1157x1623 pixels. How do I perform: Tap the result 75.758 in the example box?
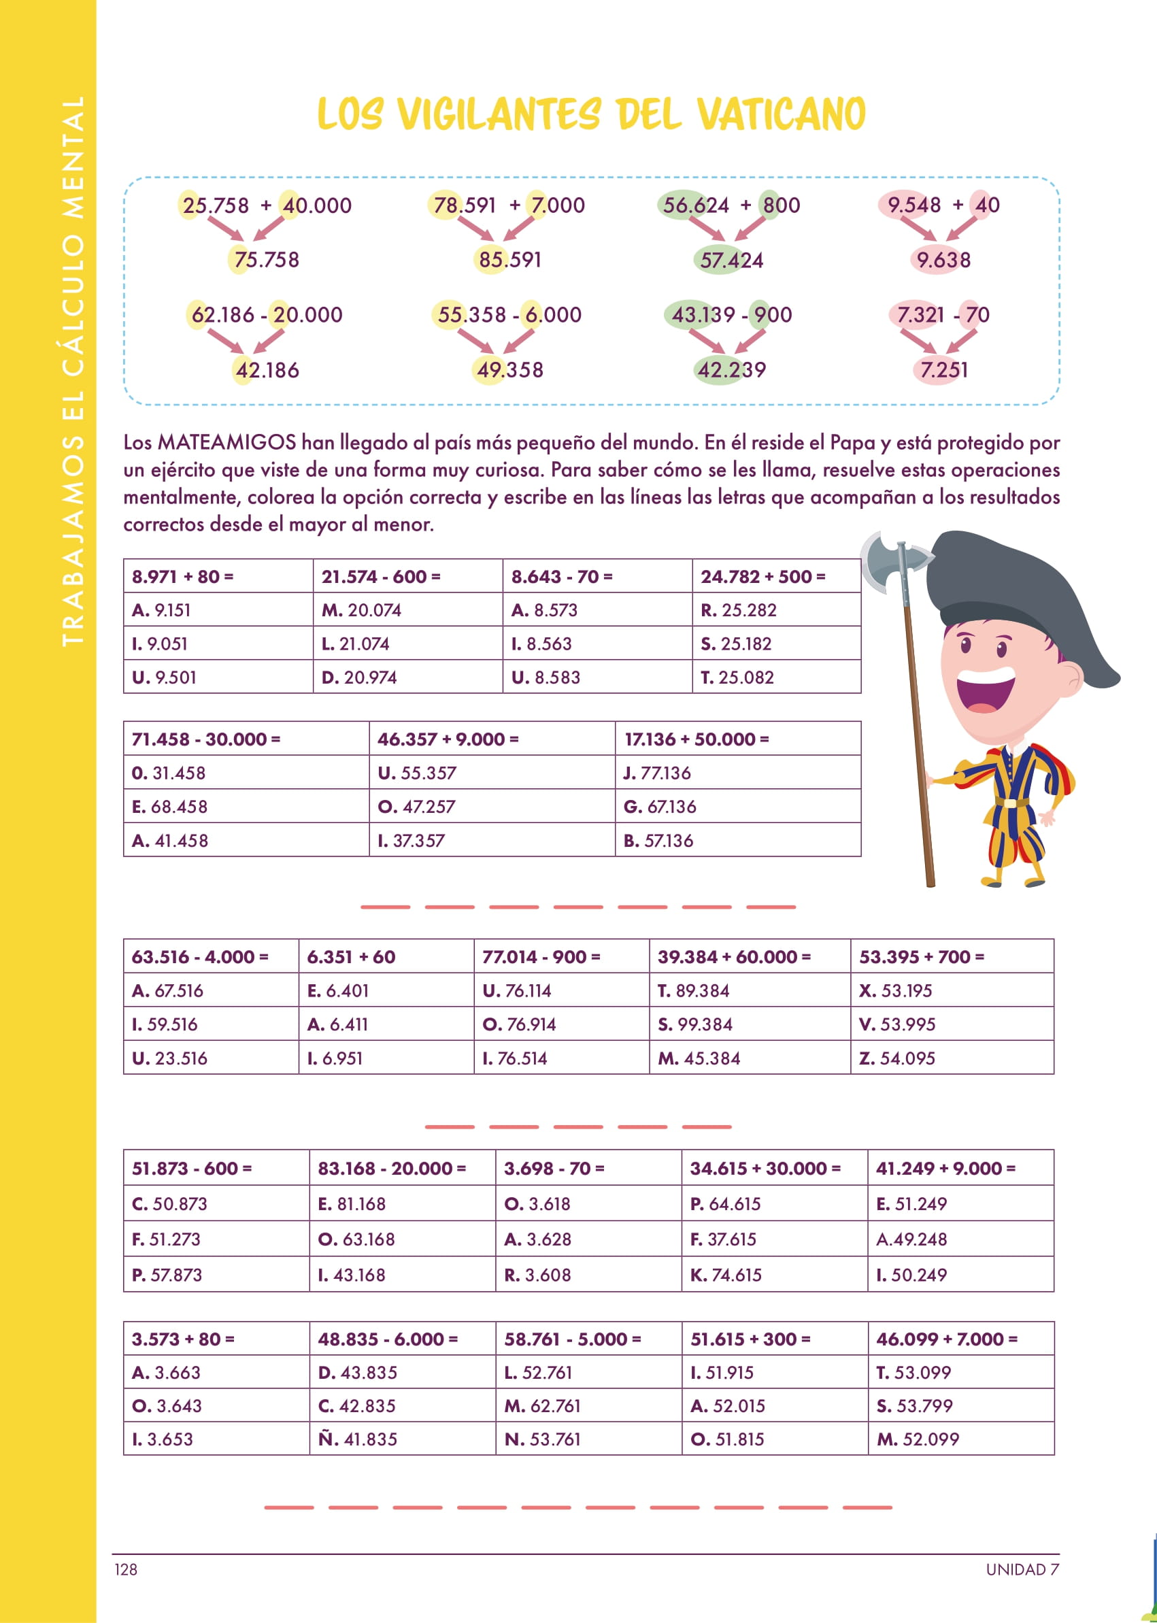(267, 259)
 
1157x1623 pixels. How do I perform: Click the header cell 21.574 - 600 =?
(380, 576)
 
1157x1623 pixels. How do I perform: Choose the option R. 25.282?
(738, 610)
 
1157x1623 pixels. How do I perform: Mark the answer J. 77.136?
(657, 773)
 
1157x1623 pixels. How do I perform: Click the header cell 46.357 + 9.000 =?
(448, 739)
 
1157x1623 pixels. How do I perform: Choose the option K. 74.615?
(725, 1275)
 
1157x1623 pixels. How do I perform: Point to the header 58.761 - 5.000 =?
(572, 1339)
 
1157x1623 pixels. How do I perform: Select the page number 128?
(126, 1569)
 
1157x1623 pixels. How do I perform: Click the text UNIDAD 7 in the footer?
(1022, 1569)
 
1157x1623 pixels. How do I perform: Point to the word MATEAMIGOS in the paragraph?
(226, 442)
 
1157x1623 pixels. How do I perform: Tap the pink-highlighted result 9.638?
(943, 260)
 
